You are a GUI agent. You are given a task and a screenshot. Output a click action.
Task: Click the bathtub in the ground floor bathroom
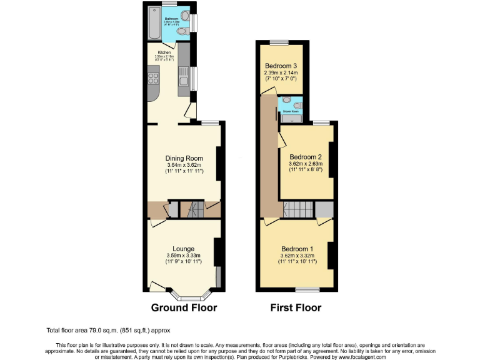[x=153, y=23]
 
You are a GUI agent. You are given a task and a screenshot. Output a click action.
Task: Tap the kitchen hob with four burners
[x=152, y=78]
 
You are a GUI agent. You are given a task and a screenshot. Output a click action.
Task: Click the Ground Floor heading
[x=184, y=307]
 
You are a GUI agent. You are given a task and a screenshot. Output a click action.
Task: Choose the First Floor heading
[x=296, y=307]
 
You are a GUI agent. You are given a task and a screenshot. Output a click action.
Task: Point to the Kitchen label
[x=164, y=52]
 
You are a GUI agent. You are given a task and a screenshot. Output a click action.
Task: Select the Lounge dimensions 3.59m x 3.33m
[x=183, y=256]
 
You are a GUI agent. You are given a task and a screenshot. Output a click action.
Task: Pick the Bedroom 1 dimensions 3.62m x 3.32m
[x=299, y=256]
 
